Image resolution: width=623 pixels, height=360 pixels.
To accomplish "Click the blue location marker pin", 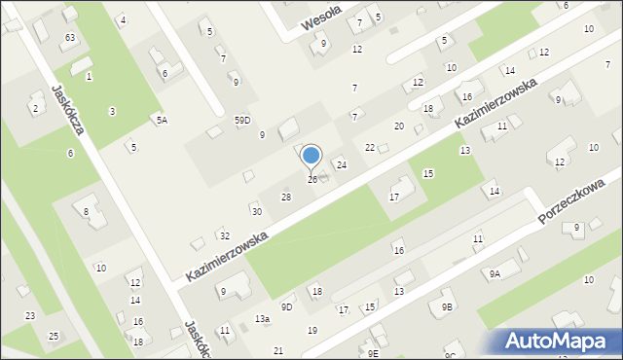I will click(x=311, y=157).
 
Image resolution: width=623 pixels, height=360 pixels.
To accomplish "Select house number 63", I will click(x=69, y=37).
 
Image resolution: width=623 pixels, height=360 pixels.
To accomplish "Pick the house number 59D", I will click(x=242, y=120).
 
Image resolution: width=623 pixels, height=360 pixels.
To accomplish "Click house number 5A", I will click(x=163, y=120).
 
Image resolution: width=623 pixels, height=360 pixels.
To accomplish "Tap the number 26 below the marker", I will click(x=312, y=180).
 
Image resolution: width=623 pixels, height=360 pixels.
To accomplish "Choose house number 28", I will click(x=286, y=198).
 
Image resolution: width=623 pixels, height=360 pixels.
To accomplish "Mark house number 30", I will click(x=256, y=211).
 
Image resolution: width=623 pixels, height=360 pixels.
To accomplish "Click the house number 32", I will click(x=224, y=236).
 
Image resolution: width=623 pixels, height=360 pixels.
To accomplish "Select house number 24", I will click(x=342, y=165).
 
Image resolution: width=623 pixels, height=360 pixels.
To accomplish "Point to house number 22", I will click(x=370, y=147).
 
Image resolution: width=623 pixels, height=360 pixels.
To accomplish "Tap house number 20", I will click(x=398, y=126).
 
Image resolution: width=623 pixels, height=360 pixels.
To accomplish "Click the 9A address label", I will click(x=495, y=274).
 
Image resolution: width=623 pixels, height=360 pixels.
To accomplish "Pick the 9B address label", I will click(x=447, y=306).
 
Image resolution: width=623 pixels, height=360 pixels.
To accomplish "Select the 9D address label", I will click(x=286, y=307).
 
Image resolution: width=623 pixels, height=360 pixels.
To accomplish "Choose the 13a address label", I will click(x=262, y=319).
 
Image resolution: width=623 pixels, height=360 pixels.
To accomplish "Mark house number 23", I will click(x=30, y=315).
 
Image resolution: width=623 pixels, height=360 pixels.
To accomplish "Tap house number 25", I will click(x=54, y=336).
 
